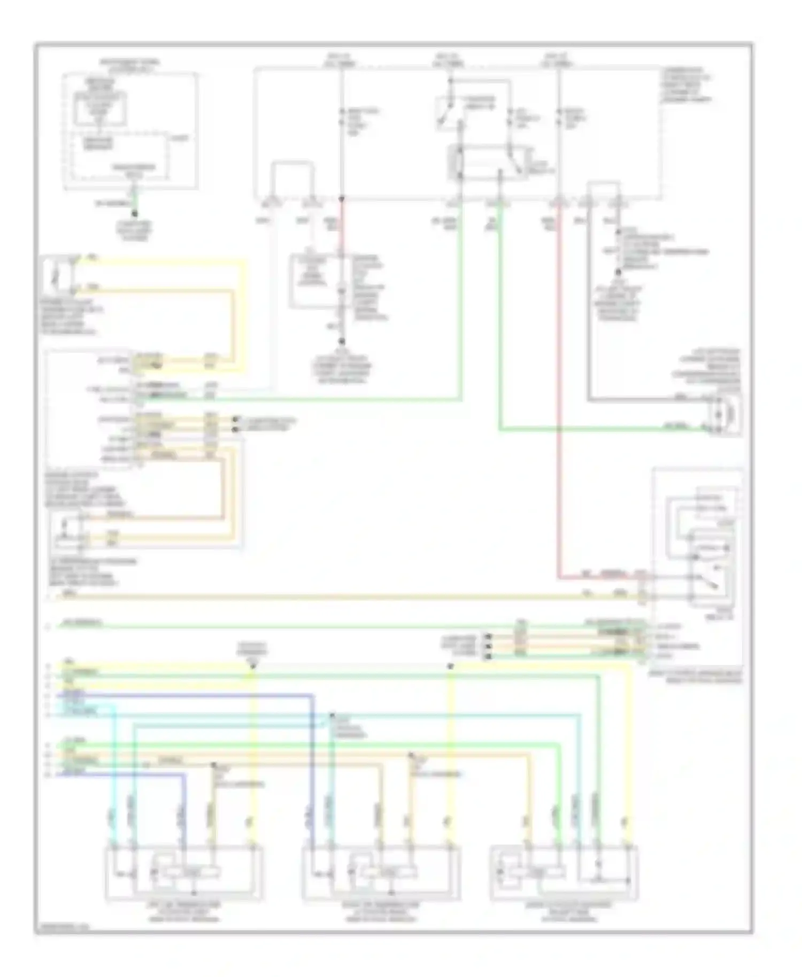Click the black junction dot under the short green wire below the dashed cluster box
pyautogui.click(x=135, y=214)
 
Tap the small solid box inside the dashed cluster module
pyautogui.click(x=99, y=109)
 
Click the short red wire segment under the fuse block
pyautogui.click(x=341, y=224)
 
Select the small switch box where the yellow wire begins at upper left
pyautogui.click(x=57, y=275)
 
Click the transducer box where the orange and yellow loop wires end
pyautogui.click(x=68, y=530)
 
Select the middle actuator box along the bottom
pyautogui.click(x=381, y=872)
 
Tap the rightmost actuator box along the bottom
pyautogui.click(x=564, y=872)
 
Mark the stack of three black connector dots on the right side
pyautogui.click(x=488, y=645)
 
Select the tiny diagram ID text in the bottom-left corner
pyautogui.click(x=55, y=928)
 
